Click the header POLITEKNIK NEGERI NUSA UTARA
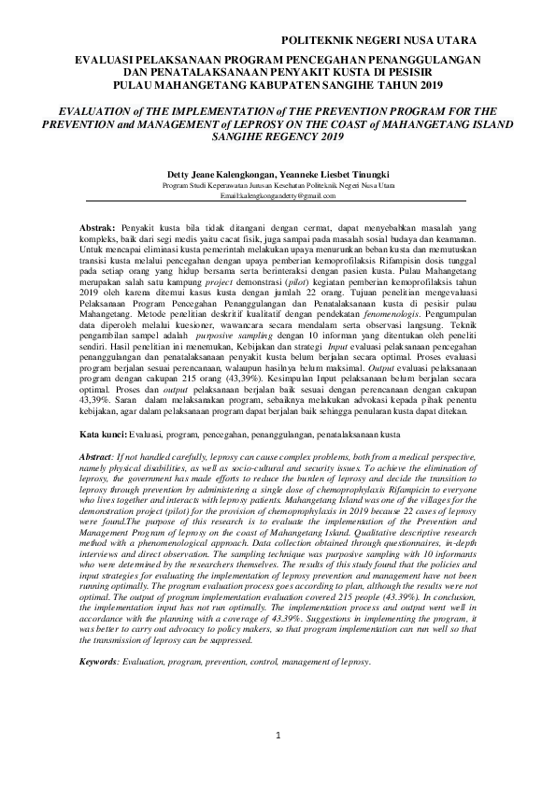point(378,40)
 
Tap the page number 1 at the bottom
point(278,737)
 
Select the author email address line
point(278,196)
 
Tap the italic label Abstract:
point(95,453)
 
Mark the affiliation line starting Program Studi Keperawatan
point(278,186)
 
